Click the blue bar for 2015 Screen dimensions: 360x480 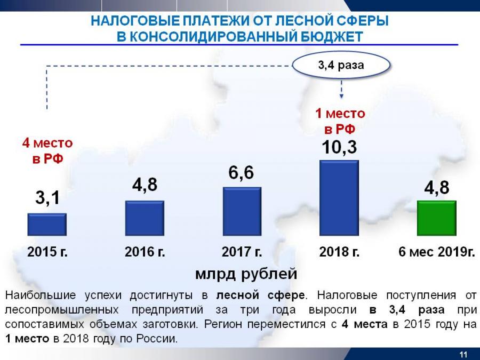[x=47, y=225]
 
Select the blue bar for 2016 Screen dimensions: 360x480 [x=144, y=218]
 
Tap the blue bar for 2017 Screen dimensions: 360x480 [x=242, y=211]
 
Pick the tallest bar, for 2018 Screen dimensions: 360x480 [x=339, y=198]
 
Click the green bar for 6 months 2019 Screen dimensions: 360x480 [x=436, y=218]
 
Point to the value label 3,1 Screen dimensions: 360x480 [x=47, y=199]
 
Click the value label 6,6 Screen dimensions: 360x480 [x=241, y=173]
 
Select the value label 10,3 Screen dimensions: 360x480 [x=339, y=147]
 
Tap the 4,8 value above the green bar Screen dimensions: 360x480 [x=436, y=188]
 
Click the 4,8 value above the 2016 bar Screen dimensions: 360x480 [x=145, y=186]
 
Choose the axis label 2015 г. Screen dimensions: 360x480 [x=47, y=252]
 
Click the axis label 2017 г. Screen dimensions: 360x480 [x=242, y=252]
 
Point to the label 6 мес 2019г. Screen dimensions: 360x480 [x=436, y=252]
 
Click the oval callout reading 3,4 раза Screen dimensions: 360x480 [x=341, y=66]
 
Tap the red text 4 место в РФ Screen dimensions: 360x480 [x=47, y=151]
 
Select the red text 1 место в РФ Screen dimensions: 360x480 [x=340, y=121]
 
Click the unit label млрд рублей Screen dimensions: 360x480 [x=245, y=274]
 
